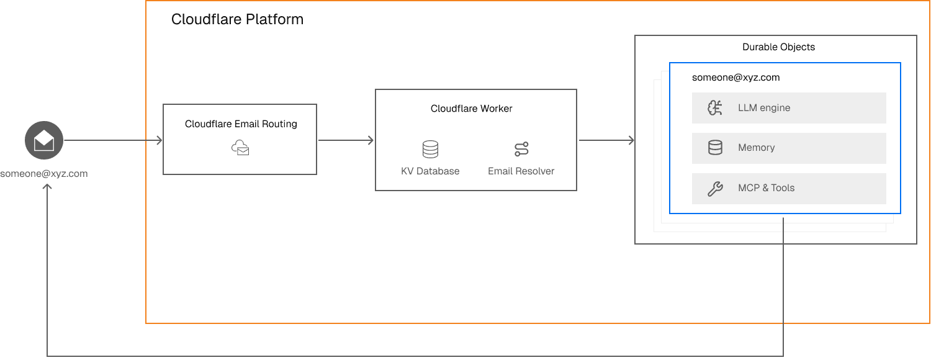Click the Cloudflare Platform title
[x=237, y=19]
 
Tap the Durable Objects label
[x=778, y=47]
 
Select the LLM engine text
[x=764, y=108]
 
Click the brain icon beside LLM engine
[x=715, y=108]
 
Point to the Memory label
[x=756, y=148]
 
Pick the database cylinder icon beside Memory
[x=715, y=148]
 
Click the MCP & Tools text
[x=766, y=188]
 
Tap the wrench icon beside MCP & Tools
[x=715, y=189]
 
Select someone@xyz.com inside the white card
[x=735, y=78]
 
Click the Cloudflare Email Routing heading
[x=241, y=124]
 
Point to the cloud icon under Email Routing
[x=240, y=147]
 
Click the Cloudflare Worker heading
[x=472, y=109]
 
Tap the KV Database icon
[x=430, y=149]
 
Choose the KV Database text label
[x=430, y=171]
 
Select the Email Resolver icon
[x=521, y=149]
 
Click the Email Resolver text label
[x=521, y=171]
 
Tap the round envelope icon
[x=44, y=141]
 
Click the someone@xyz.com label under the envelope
[x=43, y=173]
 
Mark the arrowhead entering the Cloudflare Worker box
[x=371, y=141]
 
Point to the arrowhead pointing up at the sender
[x=47, y=187]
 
